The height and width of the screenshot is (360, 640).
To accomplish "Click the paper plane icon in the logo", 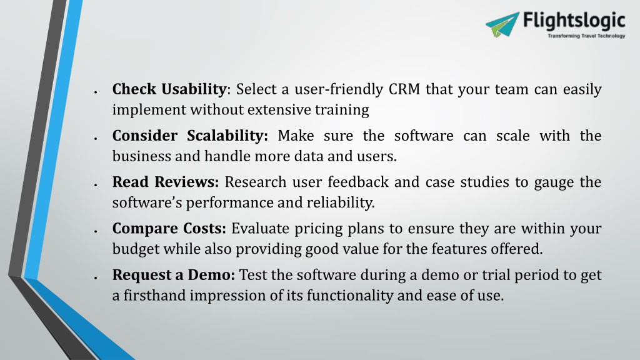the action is click(502, 25).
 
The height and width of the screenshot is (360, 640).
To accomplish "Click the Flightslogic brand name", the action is click(574, 21).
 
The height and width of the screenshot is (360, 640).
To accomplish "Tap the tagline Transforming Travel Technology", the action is click(586, 36).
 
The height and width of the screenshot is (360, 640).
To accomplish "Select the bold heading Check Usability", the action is click(169, 89).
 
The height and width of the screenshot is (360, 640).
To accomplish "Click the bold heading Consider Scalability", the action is click(190, 136).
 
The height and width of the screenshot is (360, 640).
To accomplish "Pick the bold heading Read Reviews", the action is click(166, 182).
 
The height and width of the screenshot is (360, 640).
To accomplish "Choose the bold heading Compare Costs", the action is click(169, 229).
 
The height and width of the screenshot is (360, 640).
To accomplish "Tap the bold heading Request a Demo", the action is click(174, 275).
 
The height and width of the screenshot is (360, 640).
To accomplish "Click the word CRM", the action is click(404, 89).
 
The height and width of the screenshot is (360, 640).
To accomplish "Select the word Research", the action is click(256, 182).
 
